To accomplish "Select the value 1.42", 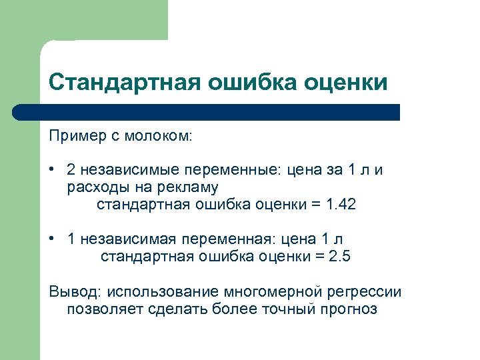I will tap(341, 205).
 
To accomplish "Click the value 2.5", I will tap(340, 257).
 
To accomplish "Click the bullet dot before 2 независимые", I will tap(52, 170).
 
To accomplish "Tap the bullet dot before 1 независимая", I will tap(52, 239).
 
